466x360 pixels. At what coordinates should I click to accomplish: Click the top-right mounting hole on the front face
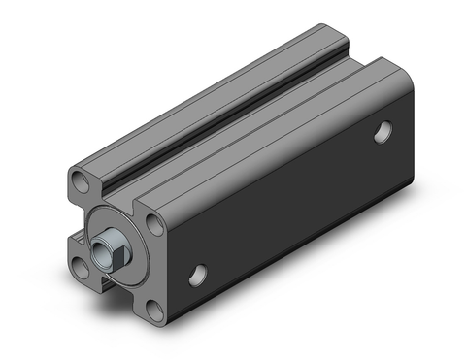154,226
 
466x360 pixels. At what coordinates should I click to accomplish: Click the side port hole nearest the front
199,275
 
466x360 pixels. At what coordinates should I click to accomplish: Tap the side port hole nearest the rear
384,132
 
